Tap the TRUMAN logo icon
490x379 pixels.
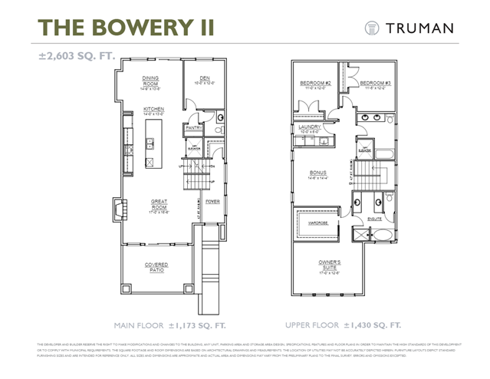pyautogui.click(x=373, y=28)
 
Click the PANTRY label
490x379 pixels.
pyautogui.click(x=193, y=127)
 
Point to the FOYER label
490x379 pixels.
pyautogui.click(x=212, y=203)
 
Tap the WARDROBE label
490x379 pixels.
pyautogui.click(x=317, y=224)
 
